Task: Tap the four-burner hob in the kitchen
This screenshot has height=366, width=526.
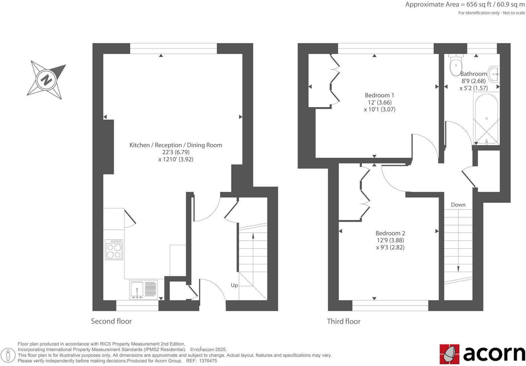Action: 114,250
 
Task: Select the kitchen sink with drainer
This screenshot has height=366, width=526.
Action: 143,289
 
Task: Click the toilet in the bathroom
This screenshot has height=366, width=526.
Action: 456,65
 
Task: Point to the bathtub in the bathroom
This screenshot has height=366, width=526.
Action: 486,119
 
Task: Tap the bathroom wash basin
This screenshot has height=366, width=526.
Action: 494,73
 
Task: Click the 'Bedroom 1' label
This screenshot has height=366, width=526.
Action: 379,95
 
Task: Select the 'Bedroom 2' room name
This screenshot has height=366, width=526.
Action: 390,233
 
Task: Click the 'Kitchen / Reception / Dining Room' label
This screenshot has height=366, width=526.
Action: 176,145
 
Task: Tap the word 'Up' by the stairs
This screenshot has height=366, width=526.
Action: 234,285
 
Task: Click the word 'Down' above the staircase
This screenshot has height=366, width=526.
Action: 458,205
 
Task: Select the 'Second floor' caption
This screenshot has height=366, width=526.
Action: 111,321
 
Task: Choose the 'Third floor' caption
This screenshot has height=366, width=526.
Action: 343,321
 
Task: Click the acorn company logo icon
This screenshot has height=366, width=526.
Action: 449,354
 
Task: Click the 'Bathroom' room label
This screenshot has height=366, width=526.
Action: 473,74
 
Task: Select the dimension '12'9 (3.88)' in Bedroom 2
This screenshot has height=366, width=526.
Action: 390,240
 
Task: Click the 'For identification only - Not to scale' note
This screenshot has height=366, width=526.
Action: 491,13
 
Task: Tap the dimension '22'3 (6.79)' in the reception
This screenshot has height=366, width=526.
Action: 176,152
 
